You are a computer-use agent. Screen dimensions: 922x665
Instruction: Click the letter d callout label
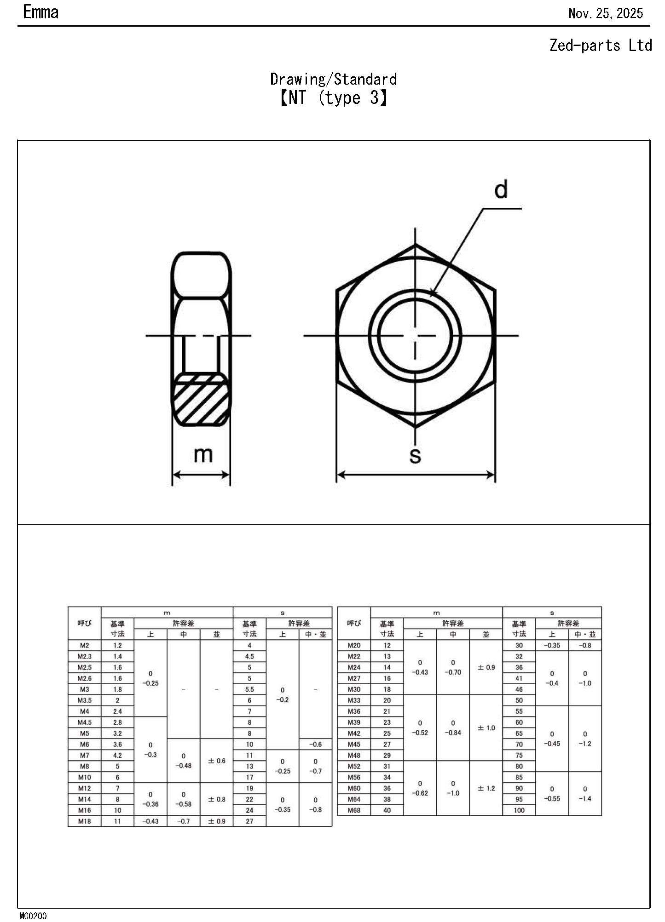click(x=501, y=189)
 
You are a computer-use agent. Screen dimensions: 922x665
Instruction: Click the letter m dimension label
click(x=203, y=454)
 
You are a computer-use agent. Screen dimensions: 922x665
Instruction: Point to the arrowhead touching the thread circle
click(x=432, y=292)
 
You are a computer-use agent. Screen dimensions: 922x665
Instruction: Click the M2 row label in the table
click(x=84, y=645)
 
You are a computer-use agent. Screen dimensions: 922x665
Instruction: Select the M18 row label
click(x=84, y=821)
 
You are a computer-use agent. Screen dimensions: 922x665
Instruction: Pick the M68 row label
click(x=354, y=810)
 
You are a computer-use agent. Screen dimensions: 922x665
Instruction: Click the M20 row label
click(x=354, y=645)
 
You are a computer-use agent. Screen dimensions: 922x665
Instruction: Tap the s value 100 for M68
click(x=519, y=810)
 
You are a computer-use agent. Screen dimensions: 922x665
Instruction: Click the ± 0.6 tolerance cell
click(x=216, y=761)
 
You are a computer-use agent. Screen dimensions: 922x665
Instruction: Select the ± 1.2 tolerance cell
click(x=486, y=788)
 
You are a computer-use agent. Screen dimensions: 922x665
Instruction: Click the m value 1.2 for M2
click(x=117, y=645)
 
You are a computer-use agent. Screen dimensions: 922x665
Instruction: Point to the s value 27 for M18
click(x=249, y=821)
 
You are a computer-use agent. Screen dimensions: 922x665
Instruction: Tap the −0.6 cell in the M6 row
click(x=315, y=744)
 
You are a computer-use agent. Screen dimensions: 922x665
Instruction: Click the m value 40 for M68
click(x=387, y=810)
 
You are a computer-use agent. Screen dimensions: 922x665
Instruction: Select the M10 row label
click(x=84, y=777)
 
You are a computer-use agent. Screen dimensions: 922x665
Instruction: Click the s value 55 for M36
click(x=519, y=711)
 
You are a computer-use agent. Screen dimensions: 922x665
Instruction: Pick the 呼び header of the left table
click(x=84, y=624)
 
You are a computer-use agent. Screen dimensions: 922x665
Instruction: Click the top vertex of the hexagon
click(x=416, y=245)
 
